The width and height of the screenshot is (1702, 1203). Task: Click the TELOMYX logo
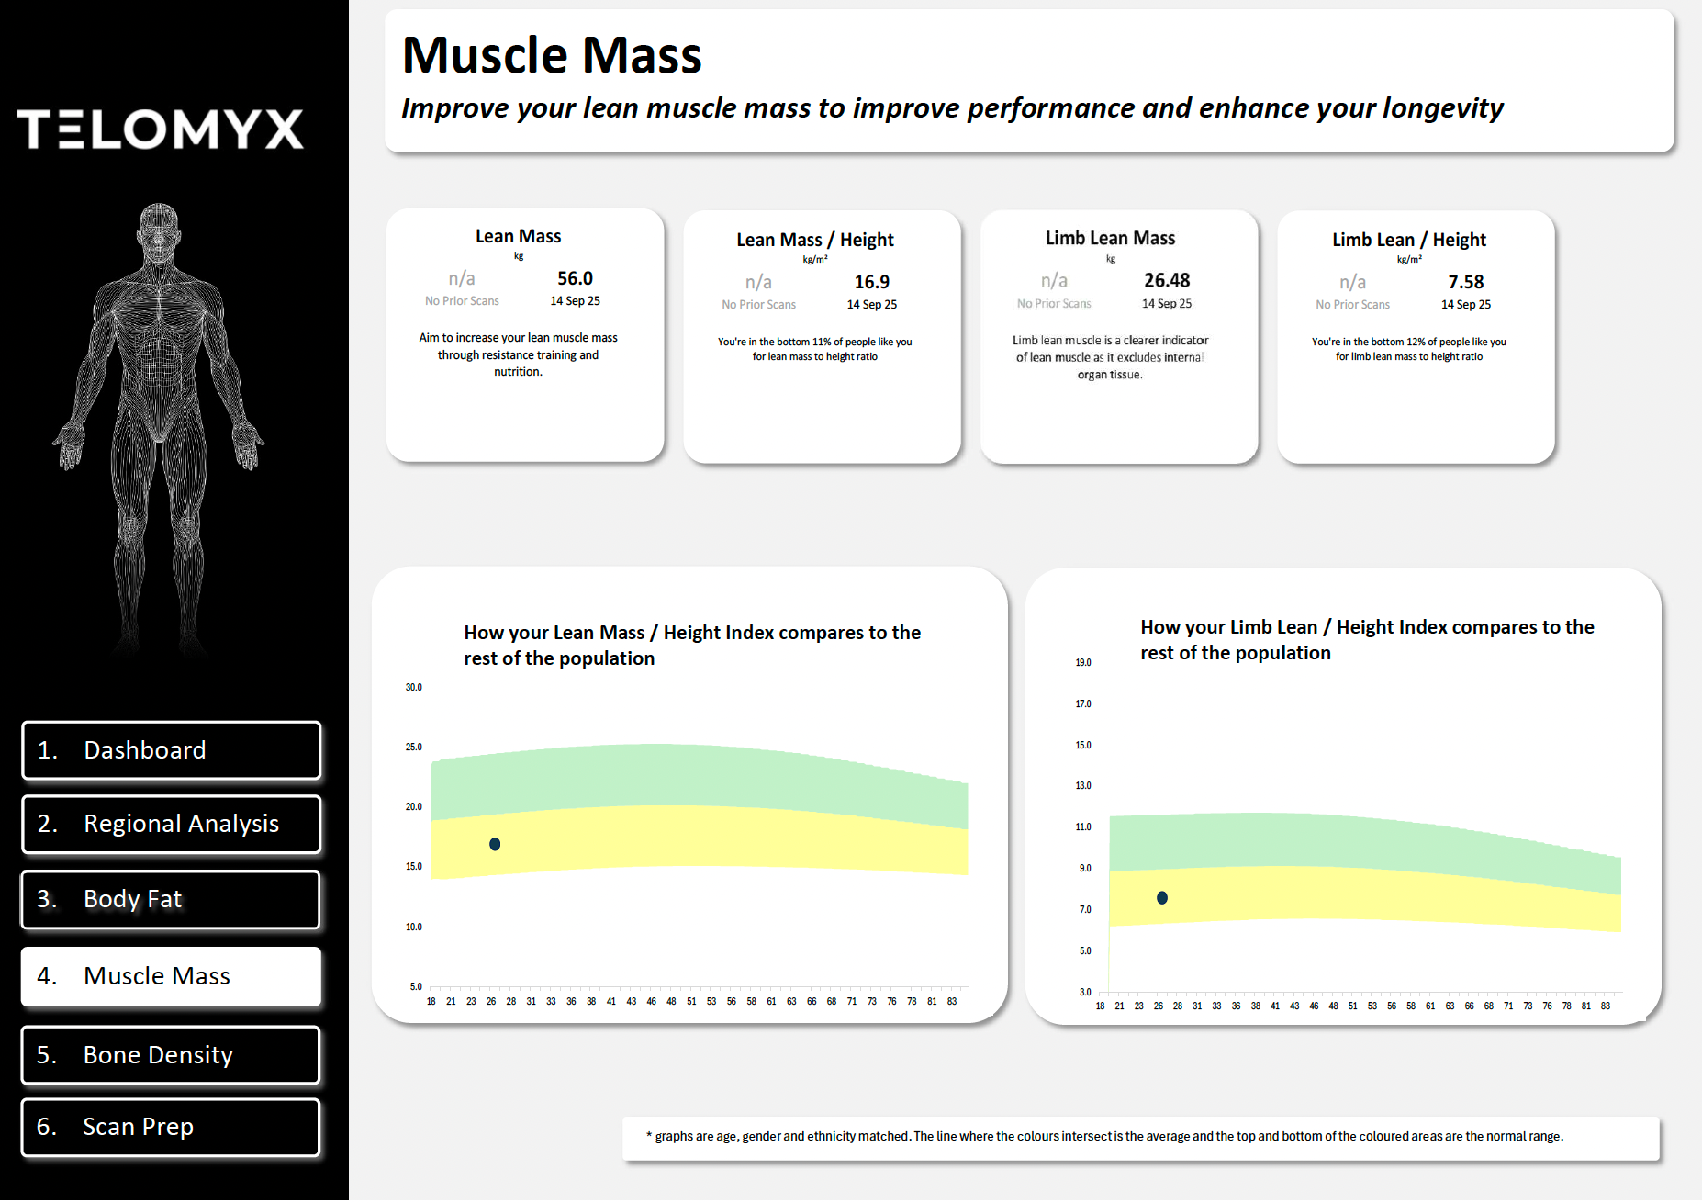pyautogui.click(x=160, y=129)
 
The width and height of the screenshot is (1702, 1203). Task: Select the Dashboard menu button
pyautogui.click(x=171, y=750)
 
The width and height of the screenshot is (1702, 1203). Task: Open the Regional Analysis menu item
pyautogui.click(x=171, y=824)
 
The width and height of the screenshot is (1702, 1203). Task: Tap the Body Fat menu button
pyautogui.click(x=171, y=899)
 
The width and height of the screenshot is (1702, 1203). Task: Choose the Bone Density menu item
pyautogui.click(x=171, y=1054)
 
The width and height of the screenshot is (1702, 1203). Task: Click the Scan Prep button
pyautogui.click(x=171, y=1127)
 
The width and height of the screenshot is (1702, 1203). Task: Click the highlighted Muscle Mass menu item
pyautogui.click(x=171, y=976)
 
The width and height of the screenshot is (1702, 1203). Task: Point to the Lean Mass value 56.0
pyautogui.click(x=575, y=278)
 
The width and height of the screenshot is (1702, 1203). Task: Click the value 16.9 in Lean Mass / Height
pyautogui.click(x=871, y=282)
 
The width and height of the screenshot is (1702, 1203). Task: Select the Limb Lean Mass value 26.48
pyautogui.click(x=1166, y=280)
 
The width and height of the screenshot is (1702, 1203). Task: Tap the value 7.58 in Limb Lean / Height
pyautogui.click(x=1465, y=282)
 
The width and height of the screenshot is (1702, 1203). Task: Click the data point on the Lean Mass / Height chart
pyautogui.click(x=495, y=844)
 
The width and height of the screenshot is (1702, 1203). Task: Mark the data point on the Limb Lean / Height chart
pyautogui.click(x=1162, y=897)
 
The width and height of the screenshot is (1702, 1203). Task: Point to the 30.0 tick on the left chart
pyautogui.click(x=414, y=687)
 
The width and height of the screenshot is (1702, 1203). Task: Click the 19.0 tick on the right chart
pyautogui.click(x=1083, y=662)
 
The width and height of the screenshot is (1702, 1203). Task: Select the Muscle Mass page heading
pyautogui.click(x=552, y=55)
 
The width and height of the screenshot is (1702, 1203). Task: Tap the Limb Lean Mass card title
pyautogui.click(x=1110, y=238)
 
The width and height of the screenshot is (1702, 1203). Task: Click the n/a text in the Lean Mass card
pyautogui.click(x=462, y=278)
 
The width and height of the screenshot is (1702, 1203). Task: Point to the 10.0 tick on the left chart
pyautogui.click(x=414, y=927)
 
